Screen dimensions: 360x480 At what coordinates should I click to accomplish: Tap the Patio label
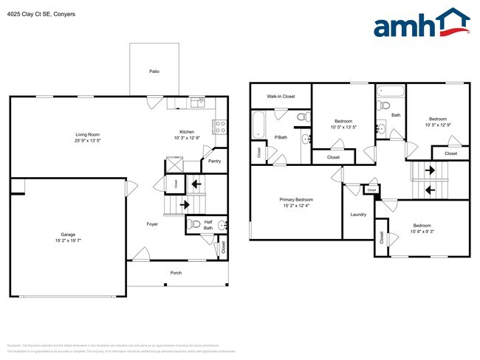click(x=154, y=72)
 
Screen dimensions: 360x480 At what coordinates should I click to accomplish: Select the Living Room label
click(x=87, y=134)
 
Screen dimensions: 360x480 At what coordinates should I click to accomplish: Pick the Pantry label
click(x=214, y=161)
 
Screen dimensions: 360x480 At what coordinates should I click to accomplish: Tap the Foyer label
click(x=151, y=224)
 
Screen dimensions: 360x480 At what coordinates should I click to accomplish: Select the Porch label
click(x=176, y=272)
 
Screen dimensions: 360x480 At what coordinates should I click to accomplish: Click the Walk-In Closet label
click(x=281, y=97)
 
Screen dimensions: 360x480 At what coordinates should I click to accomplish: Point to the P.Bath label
click(x=281, y=137)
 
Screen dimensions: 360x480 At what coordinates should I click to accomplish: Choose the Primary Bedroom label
click(x=296, y=200)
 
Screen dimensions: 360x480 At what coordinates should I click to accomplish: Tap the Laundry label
click(x=358, y=215)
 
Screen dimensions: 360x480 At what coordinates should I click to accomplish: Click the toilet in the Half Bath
click(x=194, y=225)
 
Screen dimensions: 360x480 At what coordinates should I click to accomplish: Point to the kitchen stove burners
click(x=219, y=126)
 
